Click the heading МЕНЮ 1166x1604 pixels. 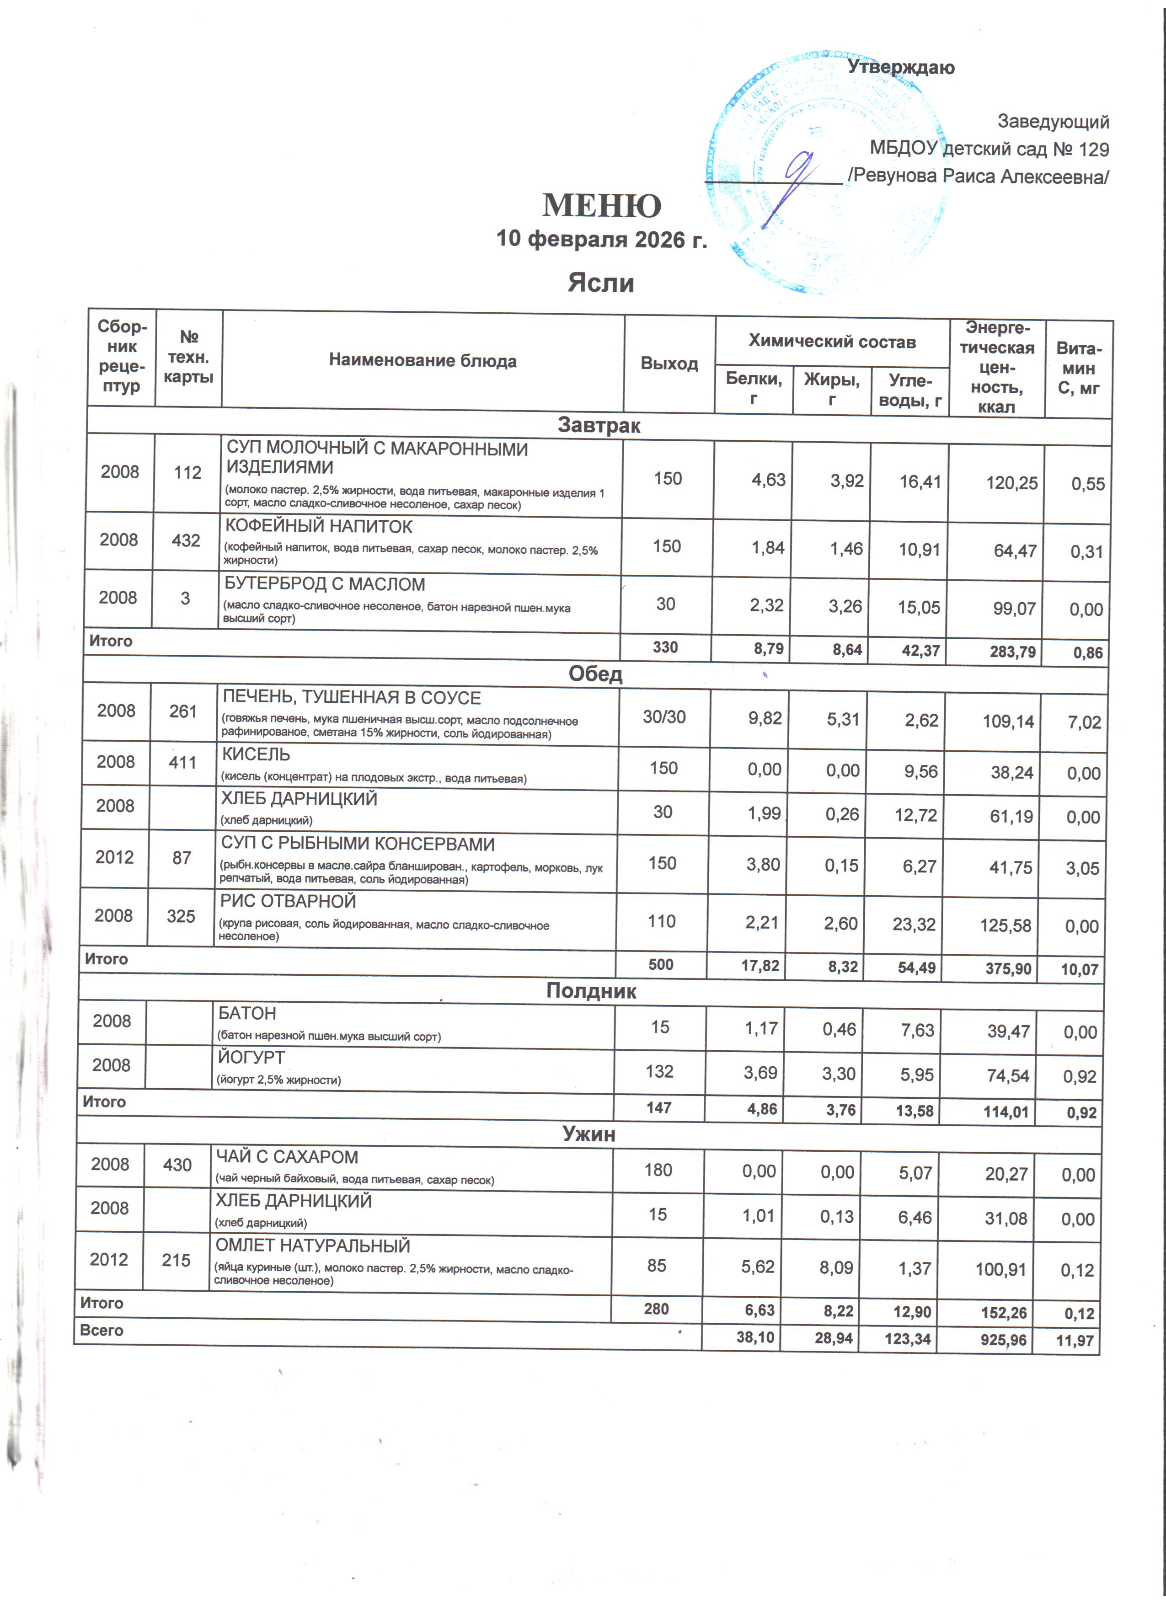(x=602, y=206)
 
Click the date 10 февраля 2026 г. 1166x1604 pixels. (x=602, y=239)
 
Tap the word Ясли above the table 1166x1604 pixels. (x=600, y=283)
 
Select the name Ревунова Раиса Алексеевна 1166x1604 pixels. (x=979, y=176)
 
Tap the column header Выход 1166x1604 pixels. (x=669, y=364)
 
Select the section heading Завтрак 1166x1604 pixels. (x=599, y=425)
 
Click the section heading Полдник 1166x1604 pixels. (x=591, y=991)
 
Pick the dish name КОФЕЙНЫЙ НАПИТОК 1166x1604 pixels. (x=318, y=526)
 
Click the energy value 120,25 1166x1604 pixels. (x=1012, y=483)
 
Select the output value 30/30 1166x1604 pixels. (x=664, y=716)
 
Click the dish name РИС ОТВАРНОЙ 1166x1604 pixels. (x=288, y=902)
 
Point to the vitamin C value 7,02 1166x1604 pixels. (x=1085, y=722)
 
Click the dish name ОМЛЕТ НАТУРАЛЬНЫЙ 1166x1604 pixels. (x=313, y=1246)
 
